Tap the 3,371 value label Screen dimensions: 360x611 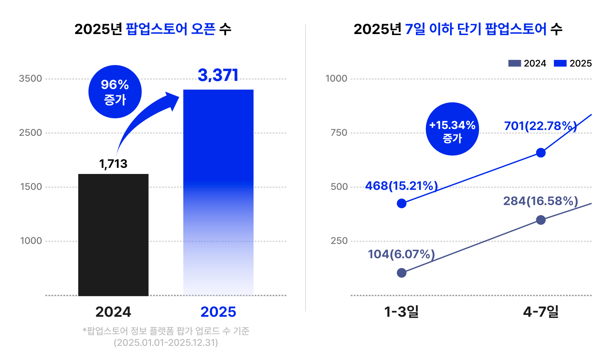(x=218, y=75)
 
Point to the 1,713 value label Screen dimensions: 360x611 (x=113, y=164)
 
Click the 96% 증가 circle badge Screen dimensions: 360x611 (x=115, y=92)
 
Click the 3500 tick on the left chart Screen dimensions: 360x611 (x=31, y=79)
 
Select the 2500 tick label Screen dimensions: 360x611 (x=31, y=133)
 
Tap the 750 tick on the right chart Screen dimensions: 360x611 (x=339, y=133)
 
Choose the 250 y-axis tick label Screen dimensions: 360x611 (x=339, y=241)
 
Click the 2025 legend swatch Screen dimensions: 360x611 (x=560, y=63)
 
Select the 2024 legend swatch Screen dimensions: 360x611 (x=515, y=63)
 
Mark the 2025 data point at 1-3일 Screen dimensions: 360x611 (x=402, y=204)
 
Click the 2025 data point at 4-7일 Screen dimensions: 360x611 (x=541, y=153)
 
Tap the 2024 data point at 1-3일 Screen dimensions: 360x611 (x=402, y=273)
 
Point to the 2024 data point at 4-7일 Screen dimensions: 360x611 (x=541, y=220)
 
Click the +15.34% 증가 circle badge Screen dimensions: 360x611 (x=452, y=129)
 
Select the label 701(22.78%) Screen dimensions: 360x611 (x=540, y=126)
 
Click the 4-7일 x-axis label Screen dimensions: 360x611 (x=541, y=312)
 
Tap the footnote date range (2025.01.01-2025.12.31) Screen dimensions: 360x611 (x=166, y=343)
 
